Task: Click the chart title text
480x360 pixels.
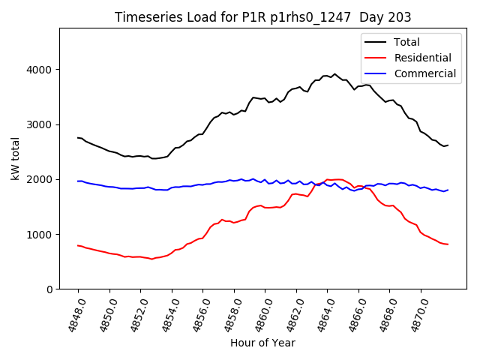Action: pyautogui.click(x=262, y=17)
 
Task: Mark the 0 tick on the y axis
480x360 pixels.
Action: pyautogui.click(x=49, y=289)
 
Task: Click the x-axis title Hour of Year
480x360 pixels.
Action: pyautogui.click(x=262, y=343)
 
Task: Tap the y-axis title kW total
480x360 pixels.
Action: pyautogui.click(x=16, y=159)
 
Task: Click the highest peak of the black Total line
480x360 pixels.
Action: pyautogui.click(x=334, y=74)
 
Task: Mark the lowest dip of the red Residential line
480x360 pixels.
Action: pyautogui.click(x=152, y=259)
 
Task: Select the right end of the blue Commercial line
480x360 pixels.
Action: pyautogui.click(x=448, y=190)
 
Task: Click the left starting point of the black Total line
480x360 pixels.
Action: pyautogui.click(x=78, y=137)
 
